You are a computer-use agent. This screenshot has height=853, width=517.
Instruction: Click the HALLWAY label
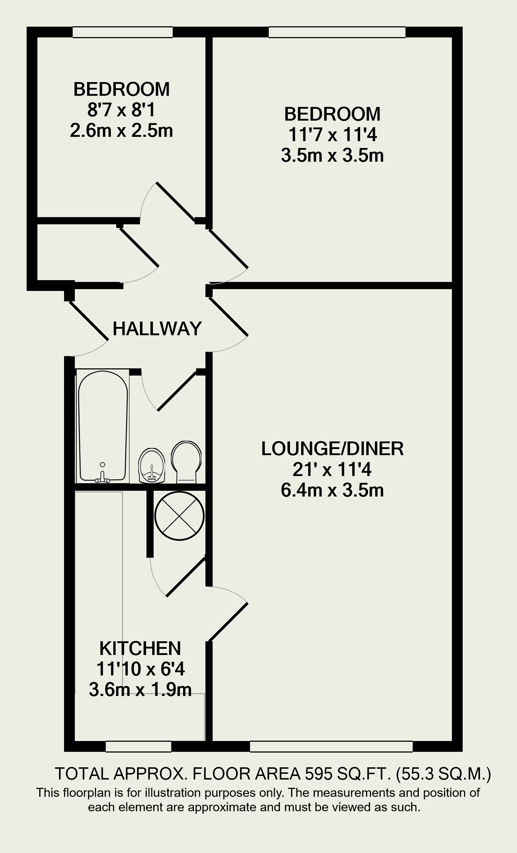coord(157,328)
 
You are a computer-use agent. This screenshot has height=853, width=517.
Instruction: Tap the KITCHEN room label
coord(140,648)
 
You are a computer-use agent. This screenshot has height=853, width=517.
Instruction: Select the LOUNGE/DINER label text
coord(332,449)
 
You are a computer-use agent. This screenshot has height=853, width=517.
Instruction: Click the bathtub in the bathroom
coord(103,426)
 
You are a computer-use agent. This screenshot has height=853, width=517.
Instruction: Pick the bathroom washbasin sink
coord(152,465)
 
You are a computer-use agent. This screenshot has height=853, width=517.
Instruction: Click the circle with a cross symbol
coord(180,516)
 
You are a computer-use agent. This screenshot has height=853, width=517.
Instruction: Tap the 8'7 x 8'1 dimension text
coord(121,110)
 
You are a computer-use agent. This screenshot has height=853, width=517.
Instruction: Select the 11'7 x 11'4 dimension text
coord(332,135)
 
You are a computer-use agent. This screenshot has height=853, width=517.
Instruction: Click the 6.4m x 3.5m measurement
coord(332,490)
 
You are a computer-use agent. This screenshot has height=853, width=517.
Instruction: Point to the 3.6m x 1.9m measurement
coord(140,690)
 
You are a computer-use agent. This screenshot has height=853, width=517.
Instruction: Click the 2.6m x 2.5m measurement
coord(121,131)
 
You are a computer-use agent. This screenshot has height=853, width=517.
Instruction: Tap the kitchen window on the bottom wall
coord(139,746)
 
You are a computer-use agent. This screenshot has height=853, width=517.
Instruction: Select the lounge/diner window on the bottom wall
coord(331,746)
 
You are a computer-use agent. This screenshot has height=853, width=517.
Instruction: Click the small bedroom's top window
coord(123,32)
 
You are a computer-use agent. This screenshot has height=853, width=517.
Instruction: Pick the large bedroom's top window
coord(337,32)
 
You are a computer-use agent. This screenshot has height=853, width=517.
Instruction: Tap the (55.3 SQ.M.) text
coord(443,774)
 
